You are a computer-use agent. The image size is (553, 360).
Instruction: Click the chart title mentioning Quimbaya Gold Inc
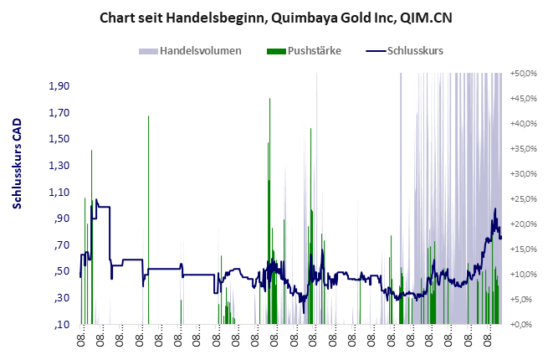tap(277, 17)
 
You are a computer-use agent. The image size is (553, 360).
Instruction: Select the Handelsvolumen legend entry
tap(200, 51)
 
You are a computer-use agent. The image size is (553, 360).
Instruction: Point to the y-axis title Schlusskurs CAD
tap(17, 163)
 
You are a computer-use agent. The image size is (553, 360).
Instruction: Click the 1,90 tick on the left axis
tap(58, 86)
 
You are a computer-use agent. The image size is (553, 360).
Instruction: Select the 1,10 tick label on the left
tap(58, 192)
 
